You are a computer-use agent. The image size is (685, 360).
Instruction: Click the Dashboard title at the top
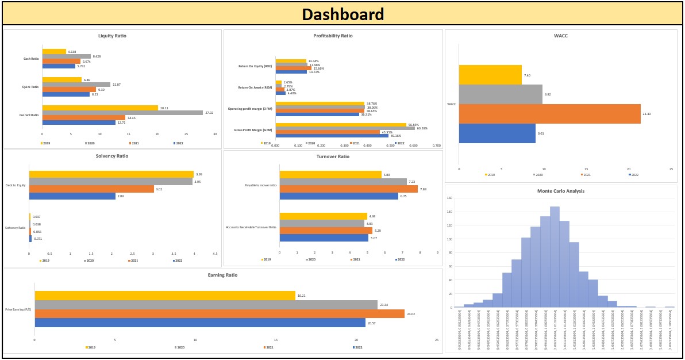(x=343, y=14)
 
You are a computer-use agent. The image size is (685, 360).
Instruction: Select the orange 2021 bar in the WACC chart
(x=549, y=113)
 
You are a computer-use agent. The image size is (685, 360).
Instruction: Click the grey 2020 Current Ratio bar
(x=122, y=113)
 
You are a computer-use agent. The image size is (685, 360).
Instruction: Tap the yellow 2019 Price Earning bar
(x=165, y=296)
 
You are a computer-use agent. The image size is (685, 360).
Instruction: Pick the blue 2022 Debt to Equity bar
(x=72, y=196)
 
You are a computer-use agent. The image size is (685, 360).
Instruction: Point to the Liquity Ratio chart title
(x=113, y=36)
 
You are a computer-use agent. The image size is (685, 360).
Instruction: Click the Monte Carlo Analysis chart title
(x=561, y=191)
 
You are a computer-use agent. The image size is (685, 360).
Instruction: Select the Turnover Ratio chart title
(x=333, y=156)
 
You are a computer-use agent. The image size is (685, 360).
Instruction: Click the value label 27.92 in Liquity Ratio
(x=209, y=113)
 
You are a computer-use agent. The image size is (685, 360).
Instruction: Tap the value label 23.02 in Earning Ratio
(x=411, y=314)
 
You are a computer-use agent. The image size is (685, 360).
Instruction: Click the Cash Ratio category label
(x=31, y=59)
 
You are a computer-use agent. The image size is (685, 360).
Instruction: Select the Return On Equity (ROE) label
(x=255, y=66)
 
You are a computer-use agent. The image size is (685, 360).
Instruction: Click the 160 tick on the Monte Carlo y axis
(x=450, y=198)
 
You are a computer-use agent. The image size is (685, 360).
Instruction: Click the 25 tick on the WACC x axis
(x=671, y=169)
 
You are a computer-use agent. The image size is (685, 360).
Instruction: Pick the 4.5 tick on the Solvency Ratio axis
(x=215, y=254)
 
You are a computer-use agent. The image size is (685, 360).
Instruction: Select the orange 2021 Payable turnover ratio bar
(x=348, y=189)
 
